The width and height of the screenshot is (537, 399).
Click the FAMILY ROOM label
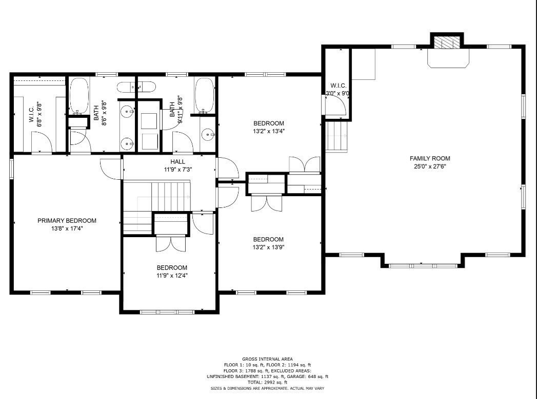(x=429, y=159)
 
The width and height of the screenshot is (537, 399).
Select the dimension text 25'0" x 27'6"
(x=429, y=166)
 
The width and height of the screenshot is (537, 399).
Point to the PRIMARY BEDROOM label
(x=67, y=221)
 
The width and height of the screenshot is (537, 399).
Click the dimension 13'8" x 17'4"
(x=67, y=228)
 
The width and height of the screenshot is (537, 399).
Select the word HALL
(x=170, y=162)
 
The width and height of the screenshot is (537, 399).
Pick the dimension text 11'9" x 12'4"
(x=172, y=275)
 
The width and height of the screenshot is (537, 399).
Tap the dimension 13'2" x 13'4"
(x=268, y=131)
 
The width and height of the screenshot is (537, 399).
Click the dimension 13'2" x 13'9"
(x=268, y=247)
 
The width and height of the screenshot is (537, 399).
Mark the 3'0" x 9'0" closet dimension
(x=339, y=94)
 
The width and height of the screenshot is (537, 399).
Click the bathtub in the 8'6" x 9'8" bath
(x=79, y=96)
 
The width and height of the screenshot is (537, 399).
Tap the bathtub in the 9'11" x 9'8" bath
(x=204, y=95)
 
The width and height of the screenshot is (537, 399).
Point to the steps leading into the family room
(x=337, y=136)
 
